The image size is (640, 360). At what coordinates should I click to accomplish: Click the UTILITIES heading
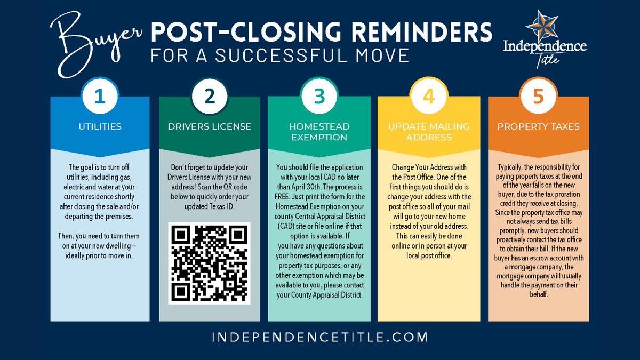click(x=100, y=127)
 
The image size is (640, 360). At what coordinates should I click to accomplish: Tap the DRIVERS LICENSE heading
click(x=210, y=127)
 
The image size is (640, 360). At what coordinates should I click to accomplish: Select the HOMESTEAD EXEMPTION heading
click(x=319, y=132)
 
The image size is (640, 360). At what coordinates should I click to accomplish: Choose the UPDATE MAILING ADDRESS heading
click(x=428, y=132)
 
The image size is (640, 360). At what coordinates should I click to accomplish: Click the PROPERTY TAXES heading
click(x=538, y=127)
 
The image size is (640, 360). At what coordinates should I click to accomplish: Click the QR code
click(x=209, y=263)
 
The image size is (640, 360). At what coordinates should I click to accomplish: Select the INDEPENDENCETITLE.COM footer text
click(x=319, y=337)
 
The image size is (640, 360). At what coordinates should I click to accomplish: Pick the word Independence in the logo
click(x=545, y=47)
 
